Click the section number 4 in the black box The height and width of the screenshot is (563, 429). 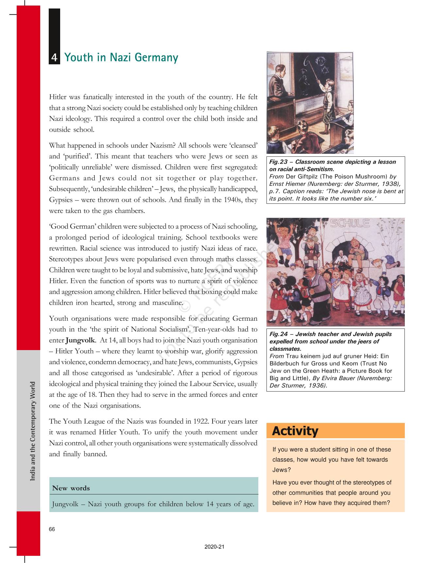[54, 58]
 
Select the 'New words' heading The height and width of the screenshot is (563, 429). [71, 488]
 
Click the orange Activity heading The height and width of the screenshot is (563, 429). [295, 431]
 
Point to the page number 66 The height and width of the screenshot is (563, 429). [52, 529]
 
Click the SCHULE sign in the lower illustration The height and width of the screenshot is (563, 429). [350, 223]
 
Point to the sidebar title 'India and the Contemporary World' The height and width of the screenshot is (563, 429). [33, 431]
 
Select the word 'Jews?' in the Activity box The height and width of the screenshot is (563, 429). [282, 470]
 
